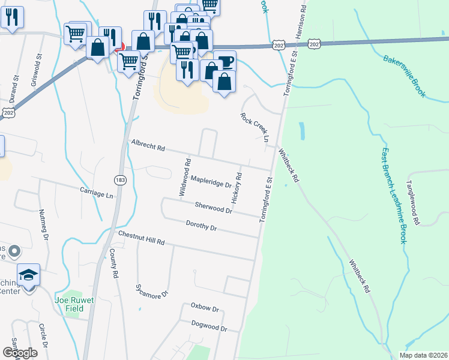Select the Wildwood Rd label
click(x=186, y=178)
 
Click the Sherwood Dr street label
click(x=213, y=208)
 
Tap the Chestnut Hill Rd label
click(x=141, y=238)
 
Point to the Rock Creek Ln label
click(x=254, y=128)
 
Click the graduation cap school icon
click(x=29, y=275)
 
